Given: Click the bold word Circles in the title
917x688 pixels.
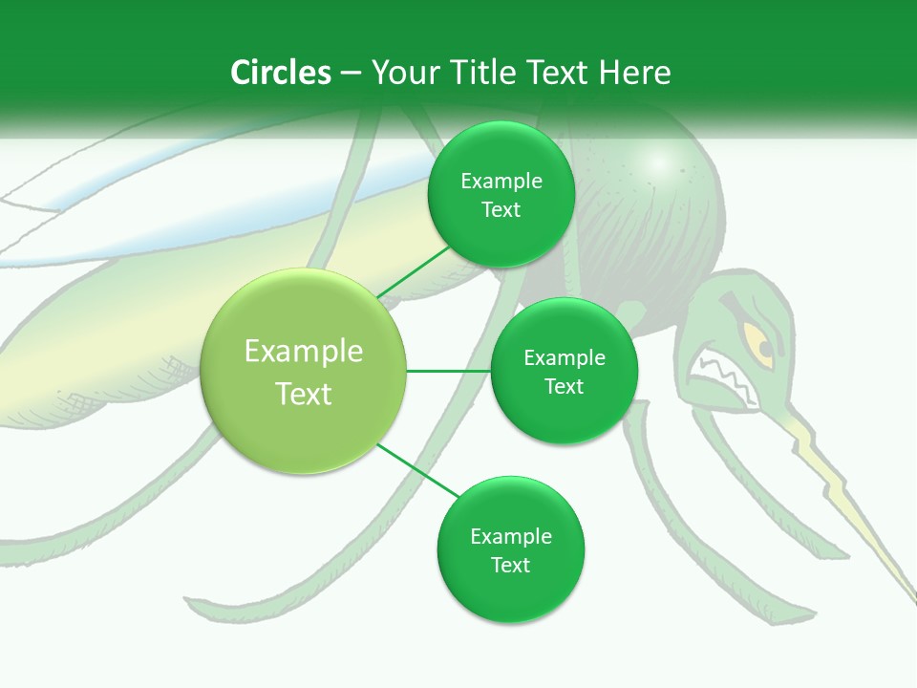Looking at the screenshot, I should [280, 73].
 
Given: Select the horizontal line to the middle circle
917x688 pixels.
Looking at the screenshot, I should [448, 371].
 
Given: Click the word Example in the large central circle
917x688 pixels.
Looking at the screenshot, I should [304, 352].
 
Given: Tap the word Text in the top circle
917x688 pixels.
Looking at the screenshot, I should [501, 209].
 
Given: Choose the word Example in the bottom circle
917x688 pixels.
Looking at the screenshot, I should [510, 536].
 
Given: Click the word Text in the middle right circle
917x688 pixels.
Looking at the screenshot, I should [564, 386].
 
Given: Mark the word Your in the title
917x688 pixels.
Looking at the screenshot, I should [402, 73].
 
